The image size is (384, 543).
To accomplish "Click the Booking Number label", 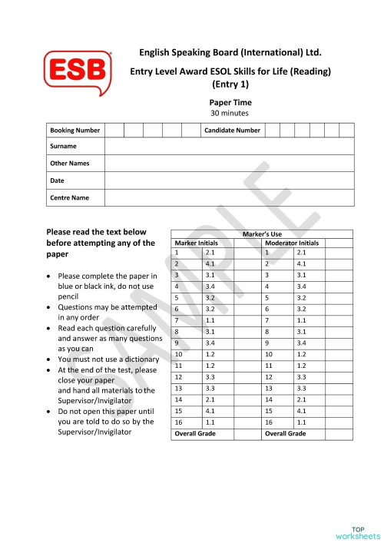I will point(74,131).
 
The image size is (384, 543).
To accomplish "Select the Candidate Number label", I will point(232,131).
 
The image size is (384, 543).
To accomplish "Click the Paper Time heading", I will point(230,102).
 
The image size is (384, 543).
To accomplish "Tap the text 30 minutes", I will point(230,113).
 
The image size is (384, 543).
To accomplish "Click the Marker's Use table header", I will point(262,233).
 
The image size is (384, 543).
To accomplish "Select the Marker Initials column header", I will point(197,243).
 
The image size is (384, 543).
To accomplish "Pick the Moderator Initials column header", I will point(292,243).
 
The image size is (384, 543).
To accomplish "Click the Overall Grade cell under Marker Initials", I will point(196,434).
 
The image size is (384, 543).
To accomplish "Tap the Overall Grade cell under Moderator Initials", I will point(286,434).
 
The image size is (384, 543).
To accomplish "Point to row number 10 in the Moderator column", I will point(269,355).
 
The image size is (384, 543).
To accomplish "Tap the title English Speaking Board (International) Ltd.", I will point(230,53).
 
